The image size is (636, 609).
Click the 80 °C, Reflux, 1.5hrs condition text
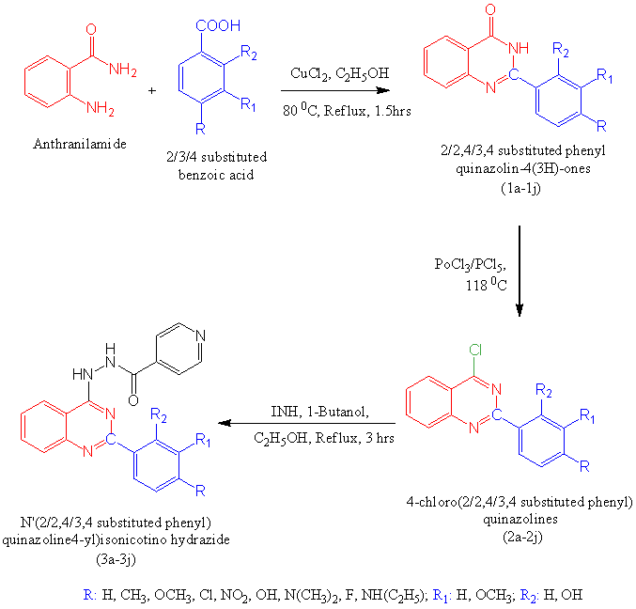coord(329,111)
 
